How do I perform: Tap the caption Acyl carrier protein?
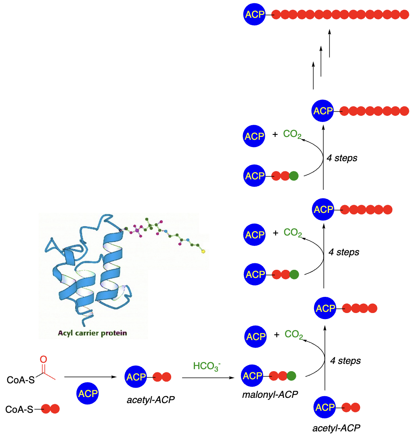(92, 333)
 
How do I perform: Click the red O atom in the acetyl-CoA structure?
(44, 359)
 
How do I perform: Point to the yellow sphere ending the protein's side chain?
(203, 252)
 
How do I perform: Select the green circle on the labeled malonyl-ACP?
(291, 376)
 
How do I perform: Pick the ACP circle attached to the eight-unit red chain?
(323, 111)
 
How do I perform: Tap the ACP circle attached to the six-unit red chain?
(323, 210)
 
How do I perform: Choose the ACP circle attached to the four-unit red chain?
(325, 309)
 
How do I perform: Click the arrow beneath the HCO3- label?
(208, 378)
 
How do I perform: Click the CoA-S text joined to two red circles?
(19, 410)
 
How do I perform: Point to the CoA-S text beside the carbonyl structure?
(20, 380)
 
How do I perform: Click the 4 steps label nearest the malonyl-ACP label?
(345, 360)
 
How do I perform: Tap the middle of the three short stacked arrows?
(321, 61)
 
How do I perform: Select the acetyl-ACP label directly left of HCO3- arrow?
(151, 400)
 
